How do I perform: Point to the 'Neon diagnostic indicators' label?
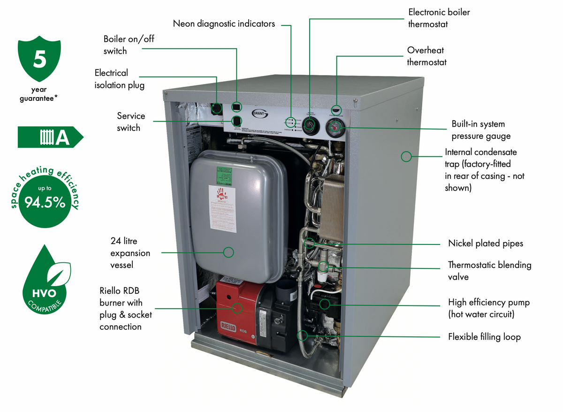tap(224, 23)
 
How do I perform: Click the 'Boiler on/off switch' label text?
tap(129, 45)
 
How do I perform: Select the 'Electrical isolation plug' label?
tap(119, 79)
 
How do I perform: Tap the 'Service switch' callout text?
tap(131, 122)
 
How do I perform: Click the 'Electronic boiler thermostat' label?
tap(439, 18)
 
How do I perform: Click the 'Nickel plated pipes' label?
tap(485, 243)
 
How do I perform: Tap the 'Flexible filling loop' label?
tap(484, 337)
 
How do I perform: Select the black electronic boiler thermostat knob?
tap(310, 125)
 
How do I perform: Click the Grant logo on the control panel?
tap(260, 113)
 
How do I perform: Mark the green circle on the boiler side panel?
tap(406, 156)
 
